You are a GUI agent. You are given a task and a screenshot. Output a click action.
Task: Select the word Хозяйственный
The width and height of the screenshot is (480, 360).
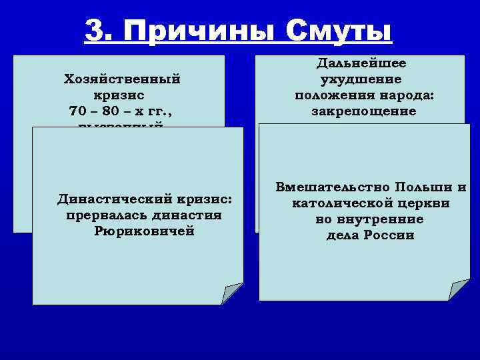click(x=122, y=79)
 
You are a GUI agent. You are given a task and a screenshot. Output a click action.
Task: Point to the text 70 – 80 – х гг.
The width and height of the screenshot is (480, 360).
click(x=122, y=109)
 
